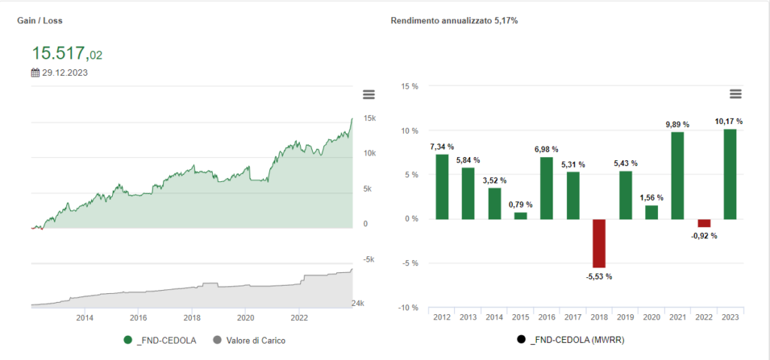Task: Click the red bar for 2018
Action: pyautogui.click(x=599, y=243)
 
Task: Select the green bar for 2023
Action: pyautogui.click(x=730, y=174)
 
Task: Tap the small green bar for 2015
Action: pyautogui.click(x=520, y=216)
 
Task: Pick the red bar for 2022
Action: pyautogui.click(x=704, y=222)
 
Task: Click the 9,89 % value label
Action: pyautogui.click(x=678, y=123)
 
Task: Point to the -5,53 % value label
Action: pyautogui.click(x=599, y=277)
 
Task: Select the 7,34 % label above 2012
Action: pyautogui.click(x=441, y=147)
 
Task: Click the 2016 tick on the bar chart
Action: pyautogui.click(x=547, y=317)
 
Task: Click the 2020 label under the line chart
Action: pyautogui.click(x=245, y=316)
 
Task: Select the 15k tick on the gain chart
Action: pyautogui.click(x=369, y=119)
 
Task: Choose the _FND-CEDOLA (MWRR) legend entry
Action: pyautogui.click(x=572, y=340)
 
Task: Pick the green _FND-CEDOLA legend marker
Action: pyautogui.click(x=128, y=340)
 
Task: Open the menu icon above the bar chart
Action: pyautogui.click(x=735, y=94)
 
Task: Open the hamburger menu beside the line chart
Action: pyautogui.click(x=368, y=94)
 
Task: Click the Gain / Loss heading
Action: pyautogui.click(x=39, y=21)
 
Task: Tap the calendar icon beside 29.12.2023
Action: pyautogui.click(x=35, y=73)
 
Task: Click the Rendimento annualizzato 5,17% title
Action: pyautogui.click(x=454, y=21)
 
